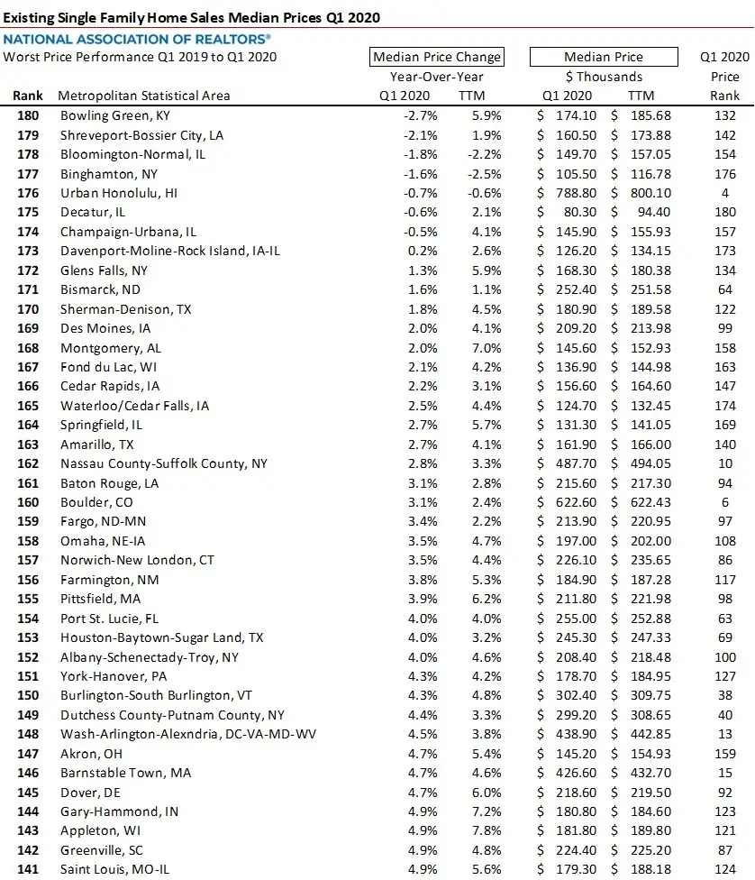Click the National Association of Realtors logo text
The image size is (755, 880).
(137, 40)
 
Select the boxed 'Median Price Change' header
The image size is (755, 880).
(437, 57)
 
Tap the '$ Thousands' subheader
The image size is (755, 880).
(604, 77)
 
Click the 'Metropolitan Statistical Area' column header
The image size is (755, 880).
(143, 96)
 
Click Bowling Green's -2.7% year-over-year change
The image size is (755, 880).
(416, 115)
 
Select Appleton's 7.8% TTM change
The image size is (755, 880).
(487, 830)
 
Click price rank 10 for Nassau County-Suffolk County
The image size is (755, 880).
(725, 463)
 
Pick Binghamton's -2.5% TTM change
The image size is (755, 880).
(485, 173)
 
